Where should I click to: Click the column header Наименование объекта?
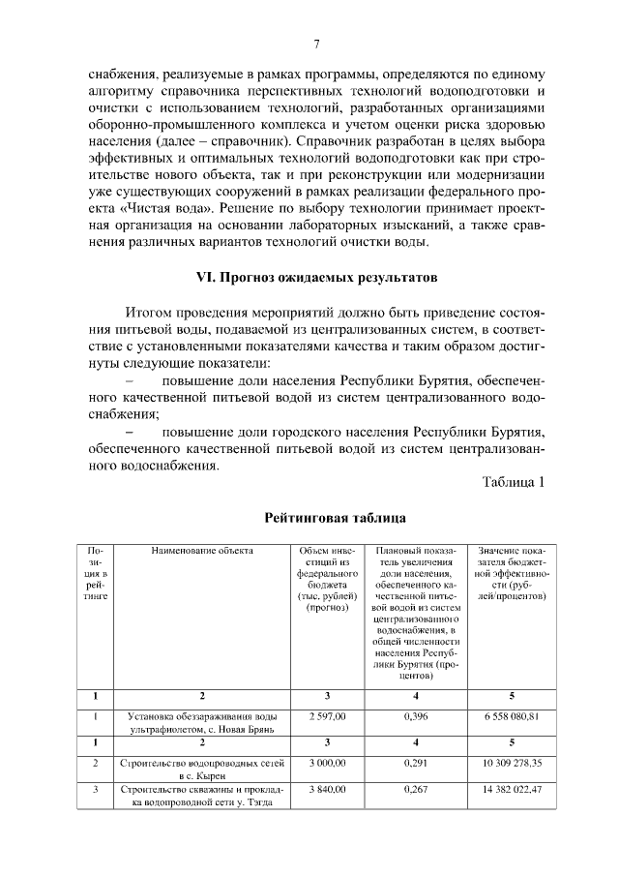point(202,551)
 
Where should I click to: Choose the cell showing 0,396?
point(417,715)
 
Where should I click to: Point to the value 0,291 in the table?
point(417,764)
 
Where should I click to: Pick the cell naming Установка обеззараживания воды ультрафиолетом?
point(202,721)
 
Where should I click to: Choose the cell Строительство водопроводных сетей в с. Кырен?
point(202,770)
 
